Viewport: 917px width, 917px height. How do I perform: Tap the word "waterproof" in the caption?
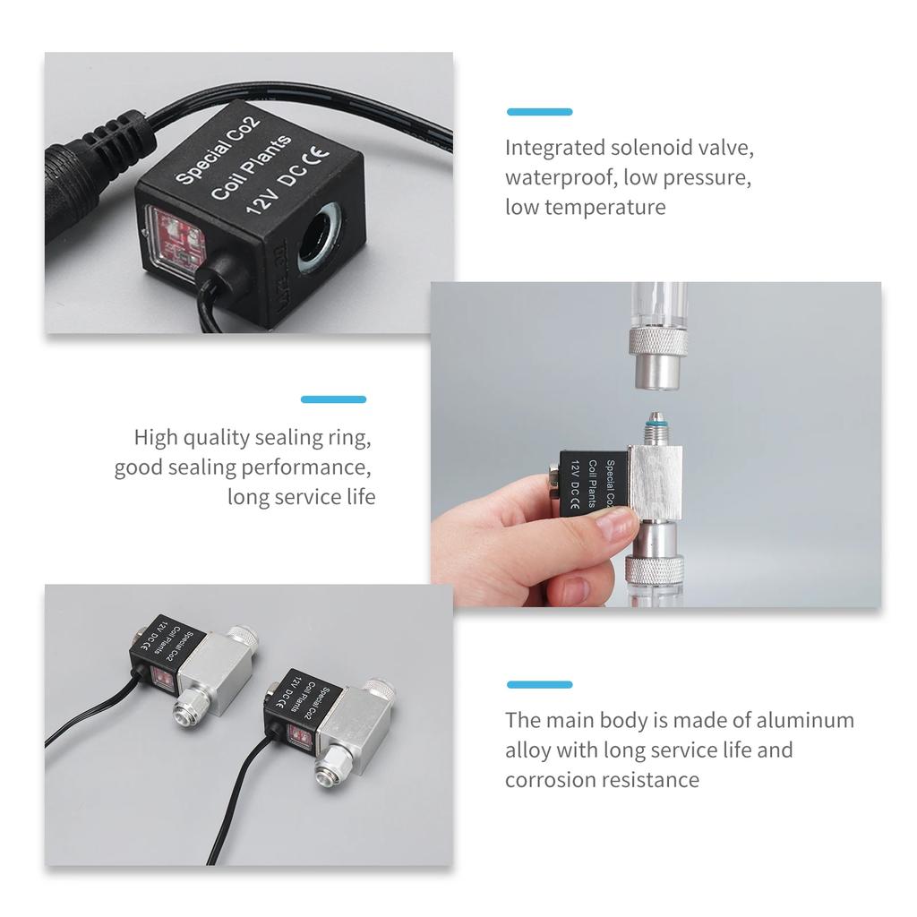point(558,177)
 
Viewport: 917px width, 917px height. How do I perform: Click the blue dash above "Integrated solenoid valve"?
point(539,112)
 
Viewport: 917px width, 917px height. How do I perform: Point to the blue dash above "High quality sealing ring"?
point(333,399)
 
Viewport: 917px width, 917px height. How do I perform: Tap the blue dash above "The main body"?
point(539,684)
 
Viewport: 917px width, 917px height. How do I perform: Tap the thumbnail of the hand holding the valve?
point(656,444)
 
